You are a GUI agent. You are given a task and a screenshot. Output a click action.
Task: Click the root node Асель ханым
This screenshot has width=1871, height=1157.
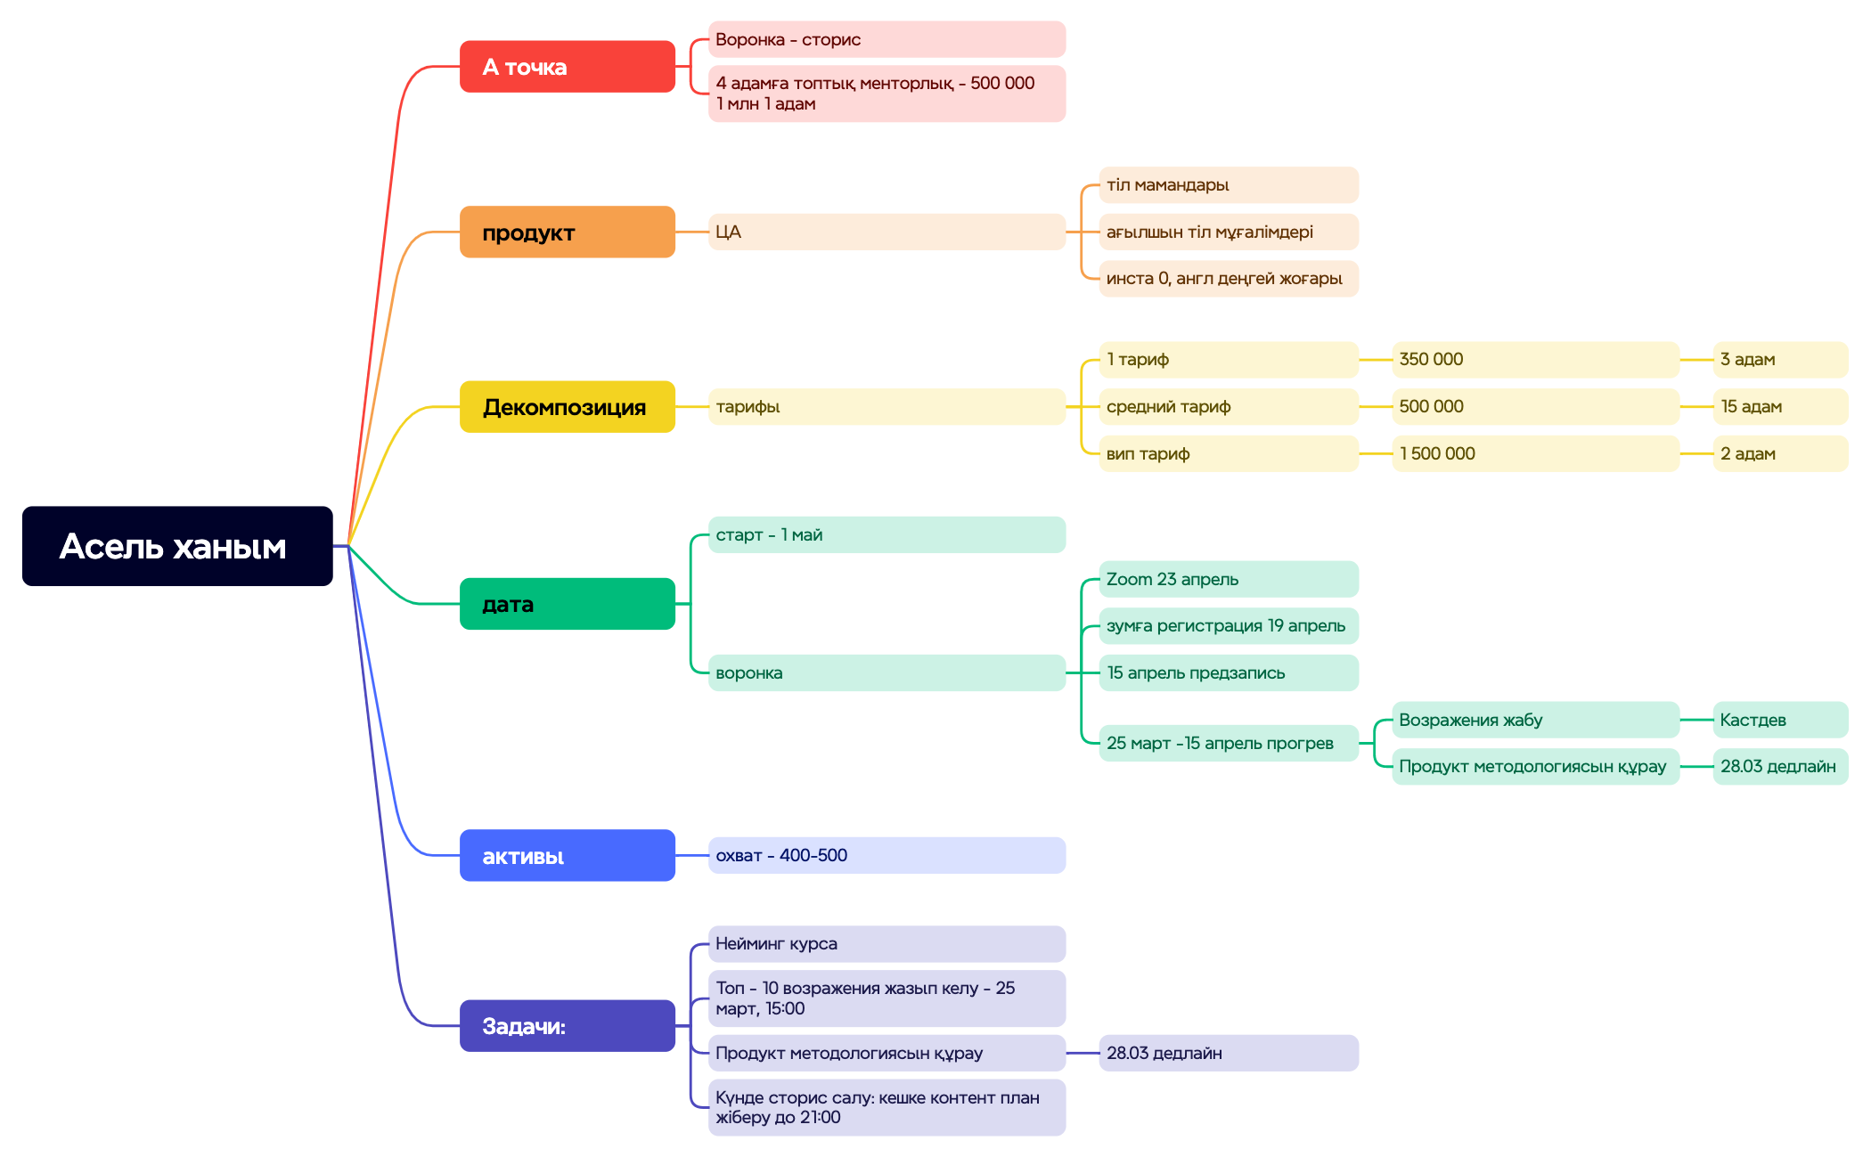coord(177,546)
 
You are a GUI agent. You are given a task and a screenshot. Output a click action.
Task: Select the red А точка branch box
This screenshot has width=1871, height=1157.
coord(567,67)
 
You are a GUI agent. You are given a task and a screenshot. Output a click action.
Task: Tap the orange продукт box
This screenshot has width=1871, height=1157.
coord(567,232)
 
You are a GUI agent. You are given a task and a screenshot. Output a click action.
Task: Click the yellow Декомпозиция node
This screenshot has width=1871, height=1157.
coord(567,407)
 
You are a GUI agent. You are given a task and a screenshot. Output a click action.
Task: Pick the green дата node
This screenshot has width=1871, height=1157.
coord(567,604)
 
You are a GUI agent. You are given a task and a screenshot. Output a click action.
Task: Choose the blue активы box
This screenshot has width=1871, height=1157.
coord(567,856)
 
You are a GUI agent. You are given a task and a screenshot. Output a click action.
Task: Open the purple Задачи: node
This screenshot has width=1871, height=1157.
coord(567,1026)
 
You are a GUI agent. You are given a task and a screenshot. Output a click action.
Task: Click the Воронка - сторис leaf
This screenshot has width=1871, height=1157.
coord(886,39)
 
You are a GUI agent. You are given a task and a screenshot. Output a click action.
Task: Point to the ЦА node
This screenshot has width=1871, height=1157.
coord(886,232)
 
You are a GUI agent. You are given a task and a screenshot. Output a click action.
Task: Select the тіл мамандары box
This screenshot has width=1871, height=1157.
coord(1228,185)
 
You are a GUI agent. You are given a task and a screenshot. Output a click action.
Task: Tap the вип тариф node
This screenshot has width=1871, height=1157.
coord(1228,453)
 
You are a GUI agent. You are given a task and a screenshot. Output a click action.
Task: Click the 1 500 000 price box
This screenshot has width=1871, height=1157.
coord(1534,453)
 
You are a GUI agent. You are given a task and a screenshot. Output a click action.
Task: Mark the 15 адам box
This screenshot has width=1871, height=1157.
coord(1779,406)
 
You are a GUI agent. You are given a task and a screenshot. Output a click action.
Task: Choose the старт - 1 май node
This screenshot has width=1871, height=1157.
coord(886,534)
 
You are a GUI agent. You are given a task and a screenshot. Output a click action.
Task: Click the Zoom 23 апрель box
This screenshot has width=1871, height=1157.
coord(1228,579)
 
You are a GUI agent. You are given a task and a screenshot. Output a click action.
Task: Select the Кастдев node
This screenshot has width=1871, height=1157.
coord(1779,720)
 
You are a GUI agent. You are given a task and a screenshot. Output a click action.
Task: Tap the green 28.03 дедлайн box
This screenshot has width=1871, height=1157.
coord(1779,766)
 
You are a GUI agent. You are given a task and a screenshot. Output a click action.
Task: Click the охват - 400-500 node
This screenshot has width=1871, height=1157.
coord(886,855)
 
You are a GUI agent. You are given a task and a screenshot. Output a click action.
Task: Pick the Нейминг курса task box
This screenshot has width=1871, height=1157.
coord(886,943)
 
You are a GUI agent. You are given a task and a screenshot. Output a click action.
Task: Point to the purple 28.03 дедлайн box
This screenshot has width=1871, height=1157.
coord(1228,1053)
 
